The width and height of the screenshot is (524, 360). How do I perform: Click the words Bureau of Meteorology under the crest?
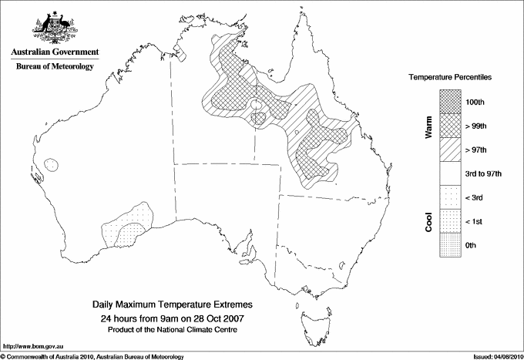click(x=55, y=67)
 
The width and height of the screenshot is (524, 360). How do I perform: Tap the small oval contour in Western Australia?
click(x=51, y=164)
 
